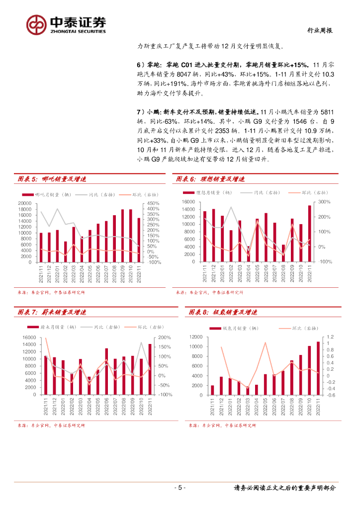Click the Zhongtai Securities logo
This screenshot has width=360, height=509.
pos(66,24)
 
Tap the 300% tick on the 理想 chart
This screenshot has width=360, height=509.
pos(324,202)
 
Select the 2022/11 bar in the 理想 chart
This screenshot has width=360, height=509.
pos(309,233)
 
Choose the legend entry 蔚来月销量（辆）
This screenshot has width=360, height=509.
pos(59,327)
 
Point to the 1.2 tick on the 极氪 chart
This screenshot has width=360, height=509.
pos(331,337)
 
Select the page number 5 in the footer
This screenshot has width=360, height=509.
pos(180,488)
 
